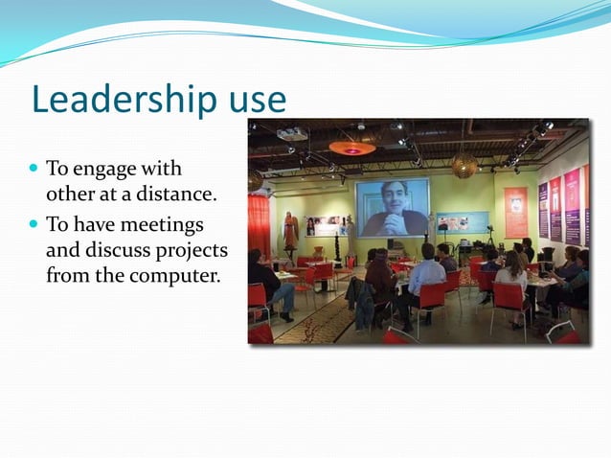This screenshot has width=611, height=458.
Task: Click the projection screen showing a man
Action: click(392, 207)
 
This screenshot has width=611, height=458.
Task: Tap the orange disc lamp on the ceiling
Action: click(351, 148)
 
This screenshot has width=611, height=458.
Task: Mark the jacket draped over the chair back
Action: click(363, 299)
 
